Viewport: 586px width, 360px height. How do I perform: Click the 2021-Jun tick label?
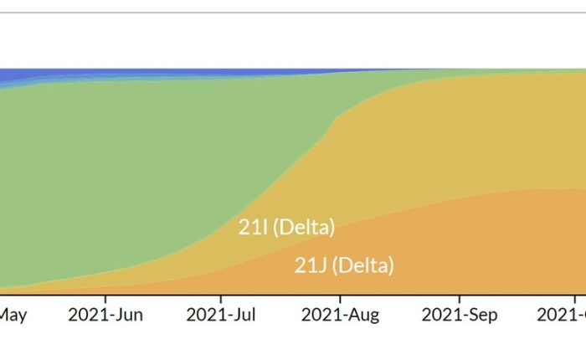click(105, 315)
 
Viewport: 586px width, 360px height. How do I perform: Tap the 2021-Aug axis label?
click(340, 315)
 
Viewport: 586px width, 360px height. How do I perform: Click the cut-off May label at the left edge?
click(13, 315)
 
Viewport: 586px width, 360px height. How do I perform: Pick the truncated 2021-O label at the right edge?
click(563, 315)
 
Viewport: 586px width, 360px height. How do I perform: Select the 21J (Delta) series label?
click(344, 266)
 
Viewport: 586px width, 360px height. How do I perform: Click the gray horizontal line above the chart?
click(293, 13)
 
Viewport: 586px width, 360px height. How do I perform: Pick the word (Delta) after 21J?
click(362, 266)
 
